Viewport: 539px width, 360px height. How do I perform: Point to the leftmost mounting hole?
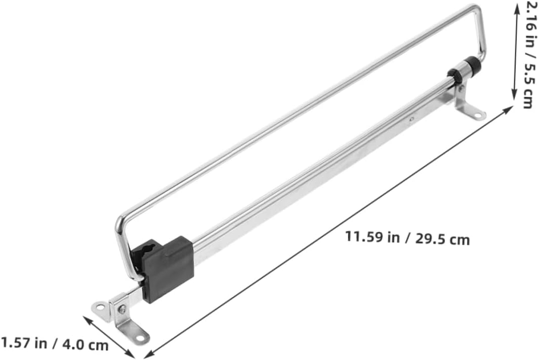(x=101, y=306)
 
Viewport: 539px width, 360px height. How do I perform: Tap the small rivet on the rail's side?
(x=411, y=120)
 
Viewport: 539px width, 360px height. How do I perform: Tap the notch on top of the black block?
(x=149, y=248)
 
